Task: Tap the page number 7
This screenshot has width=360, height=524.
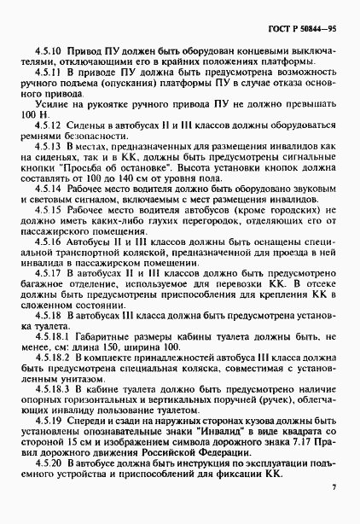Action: (334, 489)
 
